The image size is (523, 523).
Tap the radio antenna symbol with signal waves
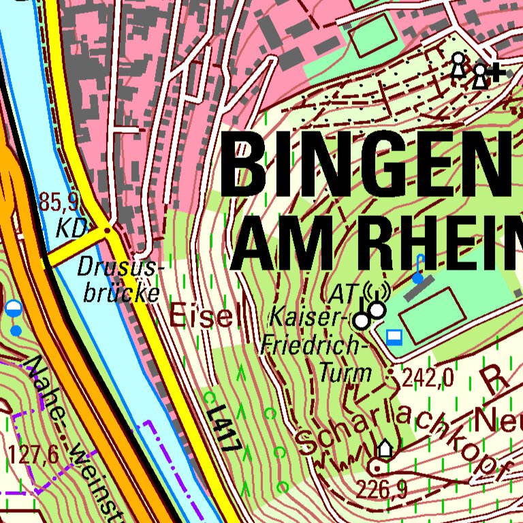[x=376, y=294]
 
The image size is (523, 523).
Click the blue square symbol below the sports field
[x=394, y=336]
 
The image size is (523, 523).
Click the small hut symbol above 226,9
[x=385, y=448]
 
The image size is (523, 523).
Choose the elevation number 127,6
[x=34, y=454]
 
